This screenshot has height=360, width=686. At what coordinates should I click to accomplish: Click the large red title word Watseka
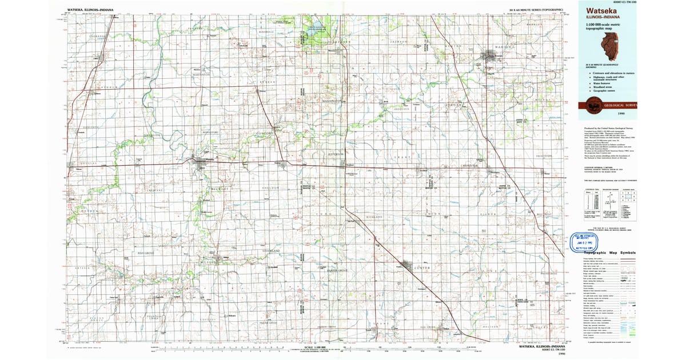pyautogui.click(x=597, y=10)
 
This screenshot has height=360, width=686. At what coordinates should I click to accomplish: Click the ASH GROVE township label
pyautogui.click(x=146, y=252)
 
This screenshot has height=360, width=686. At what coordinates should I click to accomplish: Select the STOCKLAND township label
pyautogui.click(x=270, y=250)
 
